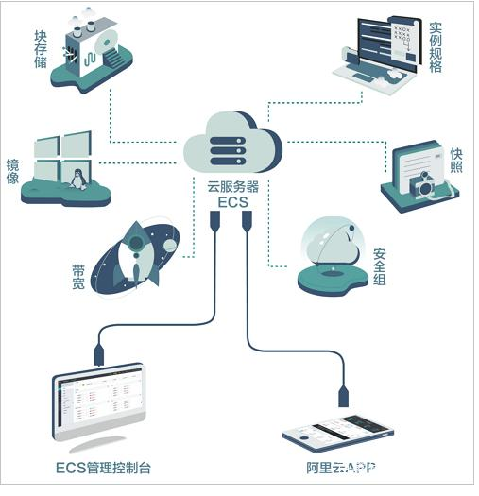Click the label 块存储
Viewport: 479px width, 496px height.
pos(41,49)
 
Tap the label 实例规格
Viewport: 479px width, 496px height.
pos(436,47)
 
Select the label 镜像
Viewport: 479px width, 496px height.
pos(12,172)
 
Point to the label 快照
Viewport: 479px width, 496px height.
pos(456,161)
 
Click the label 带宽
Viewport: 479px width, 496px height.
pos(78,277)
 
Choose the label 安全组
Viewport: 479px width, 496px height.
pos(380,266)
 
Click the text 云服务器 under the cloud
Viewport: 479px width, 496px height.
pos(233,187)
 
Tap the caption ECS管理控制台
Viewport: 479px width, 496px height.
pos(103,468)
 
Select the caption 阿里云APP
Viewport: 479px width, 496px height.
pos(341,468)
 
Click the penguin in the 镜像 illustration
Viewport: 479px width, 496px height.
pos(77,180)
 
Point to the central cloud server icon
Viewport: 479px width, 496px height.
pos(232,143)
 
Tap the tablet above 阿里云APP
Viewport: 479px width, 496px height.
pos(338,433)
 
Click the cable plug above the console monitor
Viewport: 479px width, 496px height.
pos(98,355)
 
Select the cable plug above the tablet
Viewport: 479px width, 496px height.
pos(343,396)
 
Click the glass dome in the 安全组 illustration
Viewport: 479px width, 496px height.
pos(331,242)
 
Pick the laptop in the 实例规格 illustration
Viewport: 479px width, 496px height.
pos(377,56)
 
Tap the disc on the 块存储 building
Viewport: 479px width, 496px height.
pos(107,43)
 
